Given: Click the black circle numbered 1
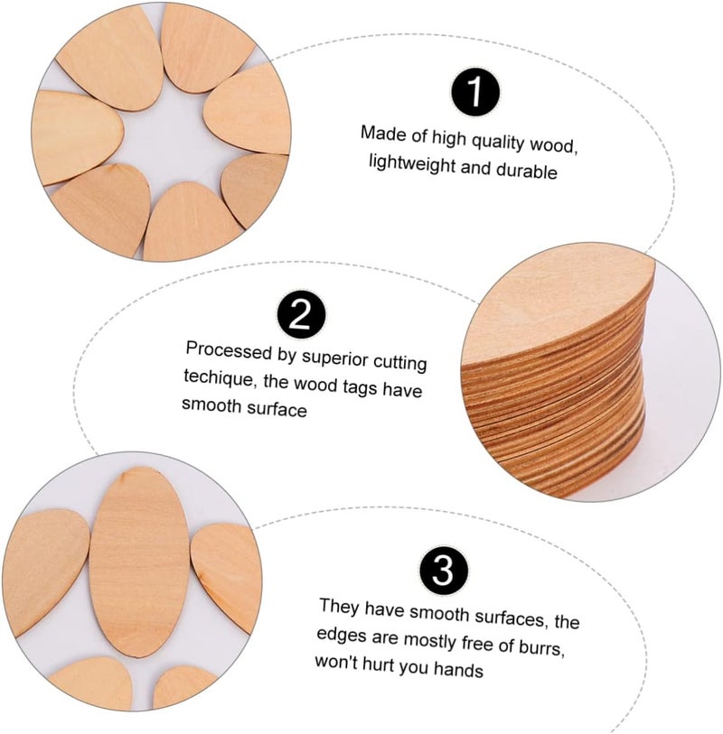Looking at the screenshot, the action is click(x=475, y=92).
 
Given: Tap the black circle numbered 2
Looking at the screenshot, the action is click(x=301, y=314).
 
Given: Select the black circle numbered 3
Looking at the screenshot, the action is click(x=443, y=571).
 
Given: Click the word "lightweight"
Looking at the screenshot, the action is click(x=412, y=164).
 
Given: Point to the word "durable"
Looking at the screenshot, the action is click(x=527, y=171).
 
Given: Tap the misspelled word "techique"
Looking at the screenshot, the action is click(x=219, y=377).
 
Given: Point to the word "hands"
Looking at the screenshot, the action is click(x=458, y=669).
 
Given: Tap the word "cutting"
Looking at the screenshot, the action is click(x=399, y=363).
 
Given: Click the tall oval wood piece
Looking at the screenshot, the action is click(x=139, y=562).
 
